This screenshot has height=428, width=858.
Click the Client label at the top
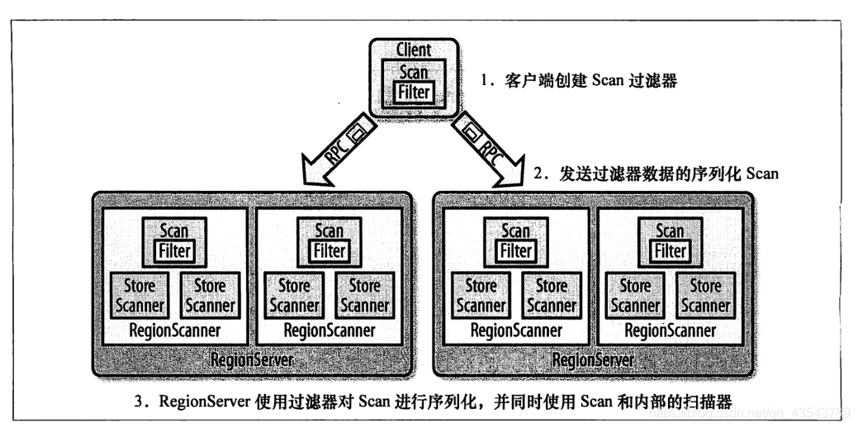coord(414,50)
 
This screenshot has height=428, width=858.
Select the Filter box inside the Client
coord(414,93)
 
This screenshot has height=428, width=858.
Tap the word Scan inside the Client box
coord(414,72)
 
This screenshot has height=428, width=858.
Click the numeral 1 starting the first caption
coord(484,82)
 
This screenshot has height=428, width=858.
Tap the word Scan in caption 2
coord(762,174)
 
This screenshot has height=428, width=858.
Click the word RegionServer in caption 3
coord(205,402)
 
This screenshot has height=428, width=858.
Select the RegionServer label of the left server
coord(252,360)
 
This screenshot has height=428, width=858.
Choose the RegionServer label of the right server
coord(593,360)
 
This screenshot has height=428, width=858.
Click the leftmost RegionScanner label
coord(174,331)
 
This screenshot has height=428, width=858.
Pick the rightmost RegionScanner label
coord(671,331)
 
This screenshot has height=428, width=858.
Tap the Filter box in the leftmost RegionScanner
coord(174,251)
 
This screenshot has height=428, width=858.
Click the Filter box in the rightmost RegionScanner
coord(671,251)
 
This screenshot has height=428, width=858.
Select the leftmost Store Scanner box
coord(140,296)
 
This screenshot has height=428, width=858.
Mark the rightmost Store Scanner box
coord(705,296)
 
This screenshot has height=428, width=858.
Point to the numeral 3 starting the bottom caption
coord(139,402)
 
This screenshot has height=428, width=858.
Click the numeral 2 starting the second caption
coord(538,175)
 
